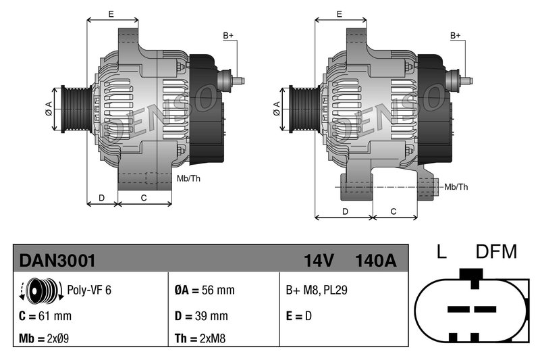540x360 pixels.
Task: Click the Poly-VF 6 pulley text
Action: (89, 290)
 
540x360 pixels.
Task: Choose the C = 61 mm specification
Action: (46, 315)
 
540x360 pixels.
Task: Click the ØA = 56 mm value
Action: (205, 290)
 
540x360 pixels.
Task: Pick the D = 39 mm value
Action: (201, 315)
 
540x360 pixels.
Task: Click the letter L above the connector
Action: (441, 253)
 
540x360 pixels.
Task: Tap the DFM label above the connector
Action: (496, 253)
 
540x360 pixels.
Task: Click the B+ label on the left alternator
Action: (228, 35)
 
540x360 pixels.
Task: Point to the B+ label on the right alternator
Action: (456, 35)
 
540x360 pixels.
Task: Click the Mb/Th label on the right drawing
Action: (456, 186)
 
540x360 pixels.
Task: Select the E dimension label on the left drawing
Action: (111, 14)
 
